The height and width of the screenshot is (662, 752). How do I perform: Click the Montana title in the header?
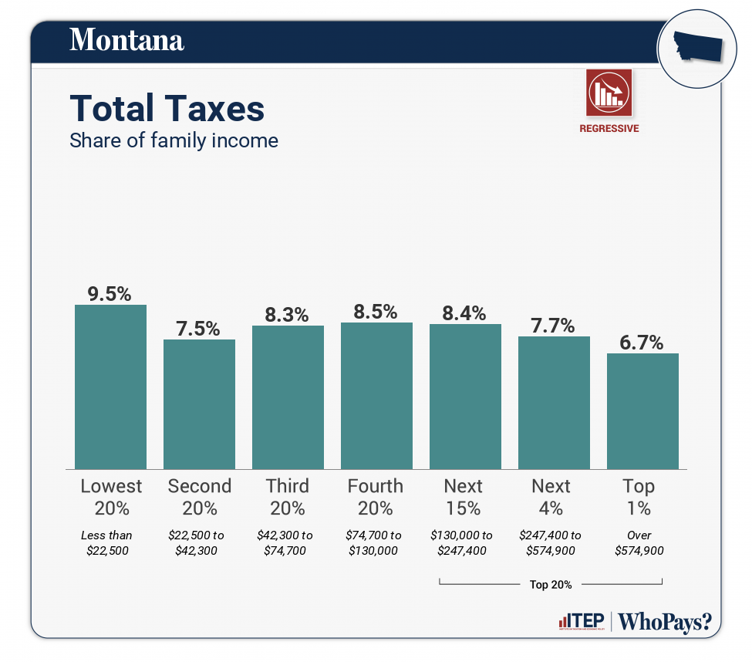point(126,40)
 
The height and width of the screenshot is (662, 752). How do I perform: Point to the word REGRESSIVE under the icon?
point(609,129)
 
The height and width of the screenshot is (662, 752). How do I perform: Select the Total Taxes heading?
point(167,109)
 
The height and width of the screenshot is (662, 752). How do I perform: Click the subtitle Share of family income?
point(174,140)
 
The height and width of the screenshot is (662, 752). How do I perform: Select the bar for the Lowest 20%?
point(110,386)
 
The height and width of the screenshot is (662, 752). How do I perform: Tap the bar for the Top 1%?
point(642,410)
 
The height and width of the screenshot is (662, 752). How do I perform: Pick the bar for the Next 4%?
point(554,402)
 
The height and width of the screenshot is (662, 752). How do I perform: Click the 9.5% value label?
point(110,293)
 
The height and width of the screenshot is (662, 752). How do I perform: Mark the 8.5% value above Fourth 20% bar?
point(376,312)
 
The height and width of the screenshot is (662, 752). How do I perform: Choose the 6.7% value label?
point(642,343)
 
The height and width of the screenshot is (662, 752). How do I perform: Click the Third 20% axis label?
point(287,497)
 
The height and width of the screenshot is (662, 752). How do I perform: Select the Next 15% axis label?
point(464,497)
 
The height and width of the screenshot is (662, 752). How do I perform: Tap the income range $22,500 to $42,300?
point(199,542)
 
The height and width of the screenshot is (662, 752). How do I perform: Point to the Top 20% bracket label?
point(551,584)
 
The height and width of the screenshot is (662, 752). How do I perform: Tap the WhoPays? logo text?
point(665,621)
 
